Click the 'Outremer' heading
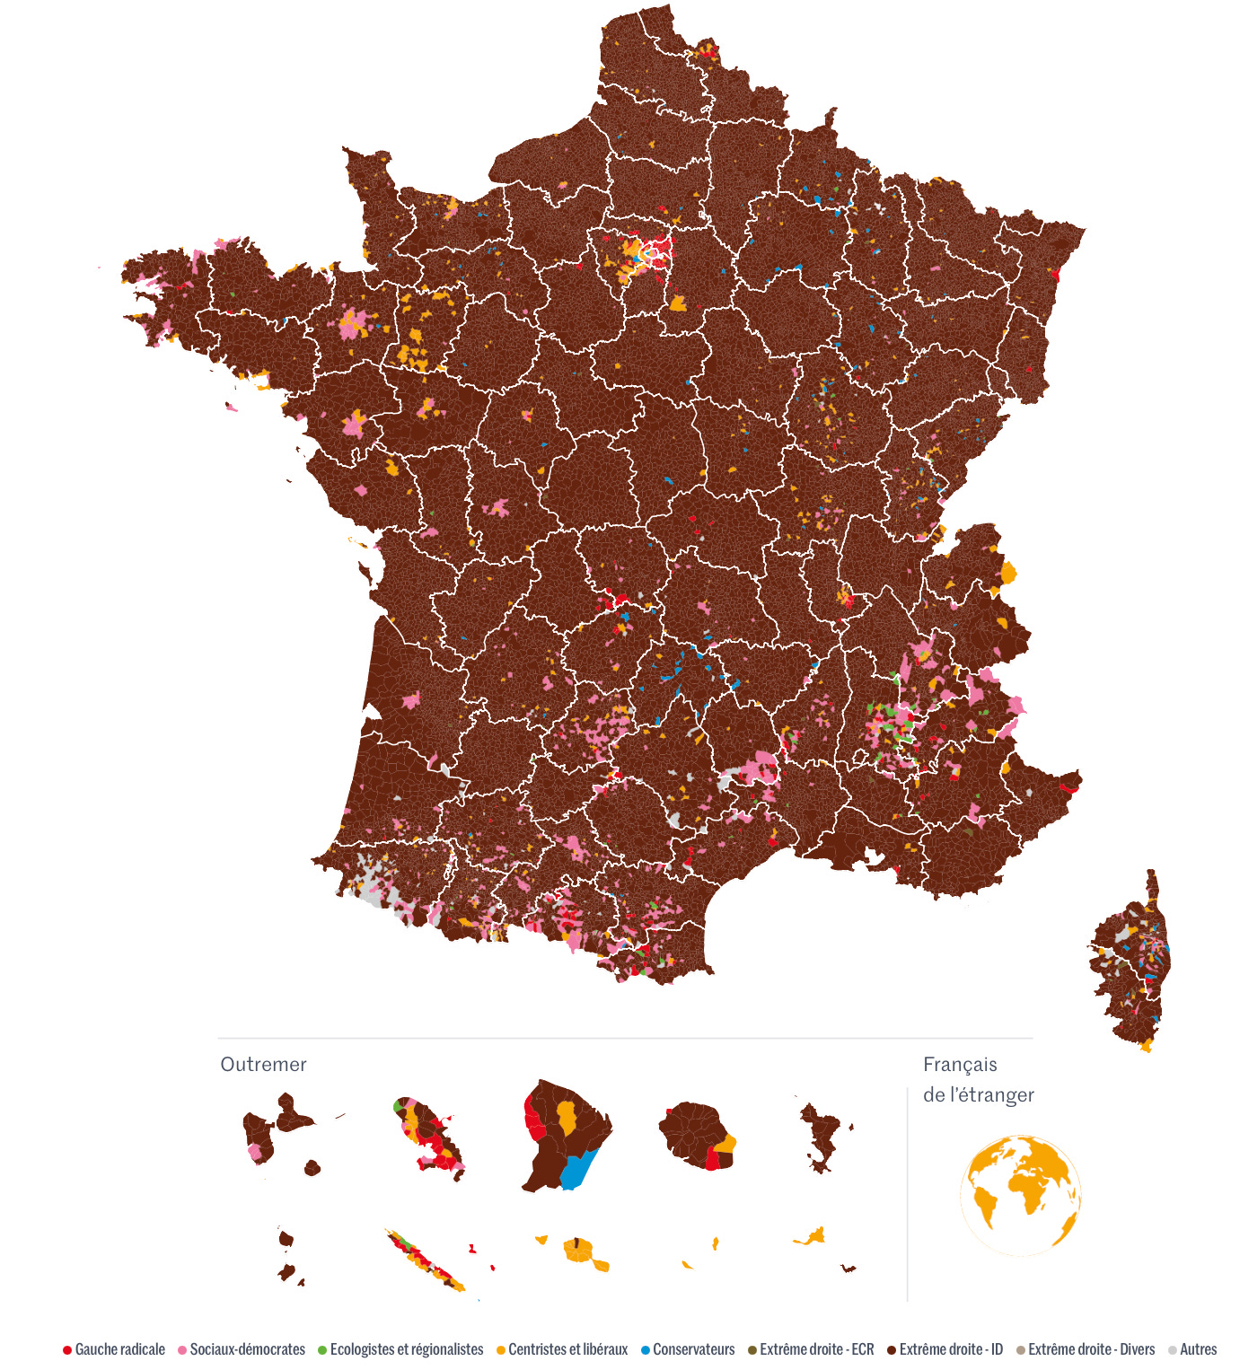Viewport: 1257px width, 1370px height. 263,1065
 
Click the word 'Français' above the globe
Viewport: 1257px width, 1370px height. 960,1065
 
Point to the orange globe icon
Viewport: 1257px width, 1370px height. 1021,1196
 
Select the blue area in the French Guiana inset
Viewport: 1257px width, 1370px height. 577,1168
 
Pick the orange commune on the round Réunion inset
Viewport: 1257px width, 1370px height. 725,1144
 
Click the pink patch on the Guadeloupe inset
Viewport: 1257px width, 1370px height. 255,1152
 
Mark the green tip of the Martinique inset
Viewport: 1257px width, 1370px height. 397,1106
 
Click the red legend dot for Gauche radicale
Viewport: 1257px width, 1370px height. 67,1350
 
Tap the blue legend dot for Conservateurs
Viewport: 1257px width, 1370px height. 646,1350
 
